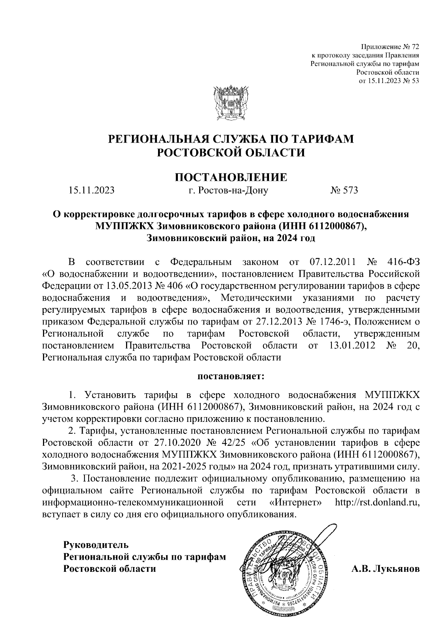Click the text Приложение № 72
tap(390, 47)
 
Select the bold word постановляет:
tap(231, 376)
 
